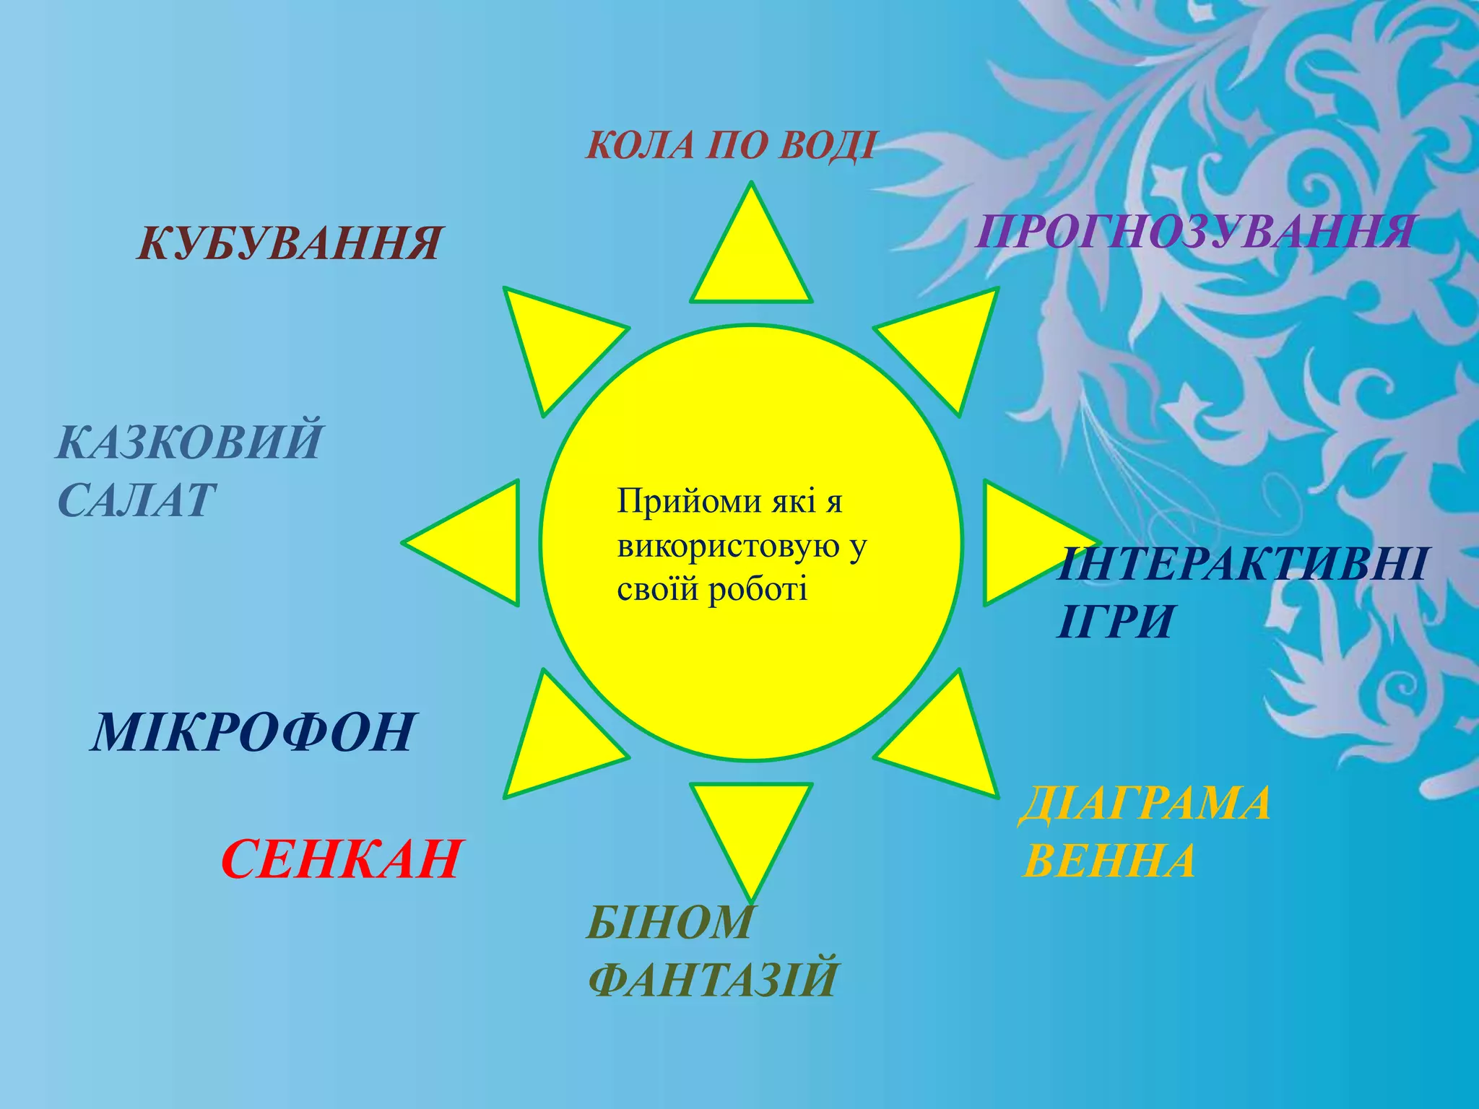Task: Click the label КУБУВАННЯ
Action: (x=289, y=243)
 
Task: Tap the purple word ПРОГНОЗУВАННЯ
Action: (x=1194, y=232)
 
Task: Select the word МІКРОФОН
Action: (x=253, y=732)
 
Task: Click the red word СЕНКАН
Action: (x=341, y=859)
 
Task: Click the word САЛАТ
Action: (x=136, y=500)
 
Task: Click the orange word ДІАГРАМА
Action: (x=1145, y=804)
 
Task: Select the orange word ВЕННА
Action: (x=1109, y=861)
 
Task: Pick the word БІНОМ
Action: (x=670, y=922)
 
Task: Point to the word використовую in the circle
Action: (x=730, y=546)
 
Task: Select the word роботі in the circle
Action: (x=758, y=590)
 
